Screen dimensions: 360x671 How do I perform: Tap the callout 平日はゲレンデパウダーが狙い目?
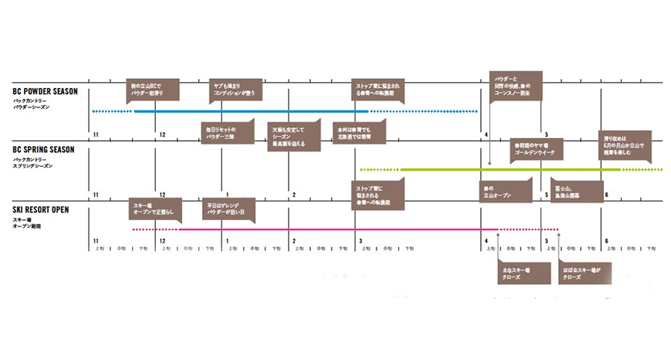click(230, 208)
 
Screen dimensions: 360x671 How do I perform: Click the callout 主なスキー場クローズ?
click(517, 272)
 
